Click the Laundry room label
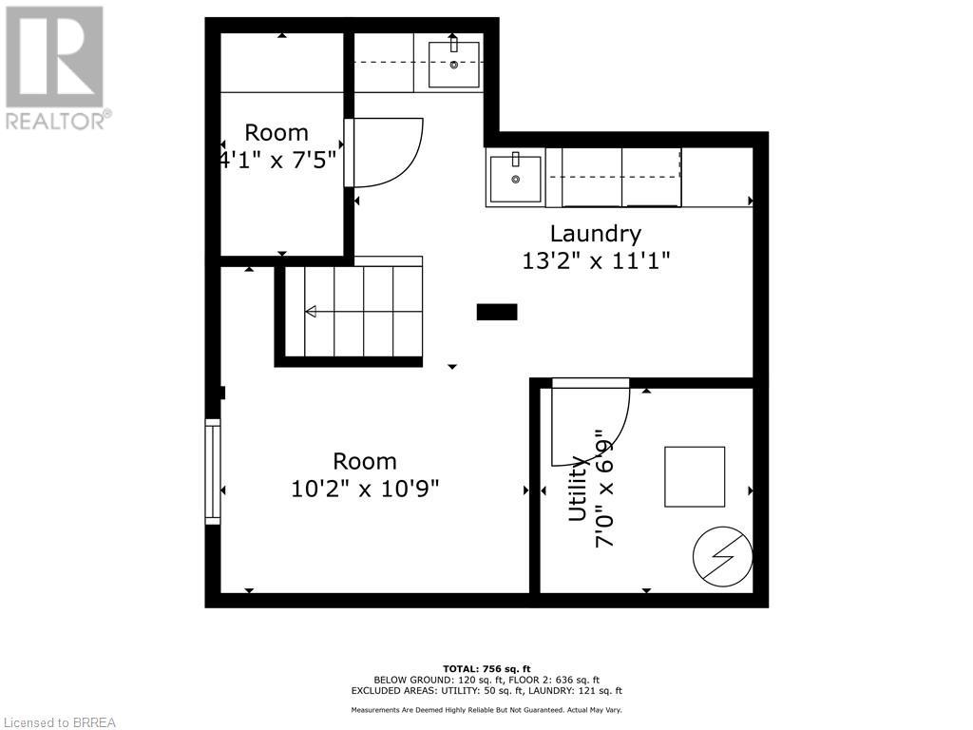(x=596, y=235)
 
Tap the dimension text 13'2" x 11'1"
(x=597, y=260)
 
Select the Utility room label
(x=578, y=490)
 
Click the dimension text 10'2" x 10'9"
(x=365, y=489)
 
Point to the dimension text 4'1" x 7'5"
(x=277, y=160)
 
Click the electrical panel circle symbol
(x=722, y=556)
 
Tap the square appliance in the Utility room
(x=695, y=477)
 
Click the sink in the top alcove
(x=453, y=65)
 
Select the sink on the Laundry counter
(x=515, y=179)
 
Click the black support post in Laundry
(x=496, y=312)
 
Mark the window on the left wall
(x=213, y=471)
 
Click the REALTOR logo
(x=56, y=68)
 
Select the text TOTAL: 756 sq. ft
(x=486, y=668)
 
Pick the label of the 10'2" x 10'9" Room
(x=365, y=462)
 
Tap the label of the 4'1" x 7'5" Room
(x=277, y=133)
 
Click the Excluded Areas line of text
(x=486, y=690)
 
